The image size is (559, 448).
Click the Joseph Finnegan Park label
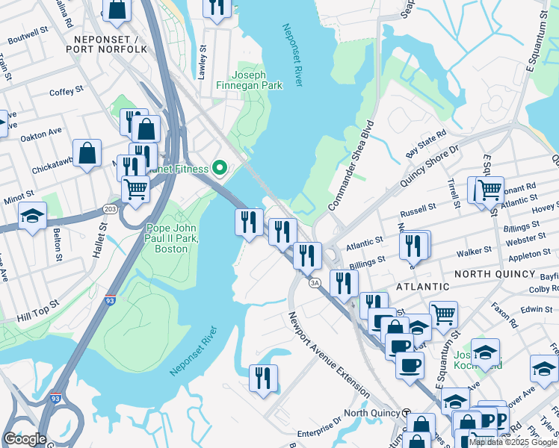(x=256, y=80)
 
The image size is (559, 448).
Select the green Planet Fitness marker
(x=220, y=168)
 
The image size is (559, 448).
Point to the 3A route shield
(x=315, y=281)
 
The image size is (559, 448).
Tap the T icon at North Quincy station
(x=406, y=413)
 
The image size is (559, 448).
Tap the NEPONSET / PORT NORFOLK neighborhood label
(x=106, y=43)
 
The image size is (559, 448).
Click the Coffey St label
(x=67, y=91)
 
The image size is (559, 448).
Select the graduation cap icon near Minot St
(x=32, y=217)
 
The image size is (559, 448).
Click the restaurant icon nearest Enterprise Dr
(x=263, y=378)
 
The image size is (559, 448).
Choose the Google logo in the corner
(x=25, y=438)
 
